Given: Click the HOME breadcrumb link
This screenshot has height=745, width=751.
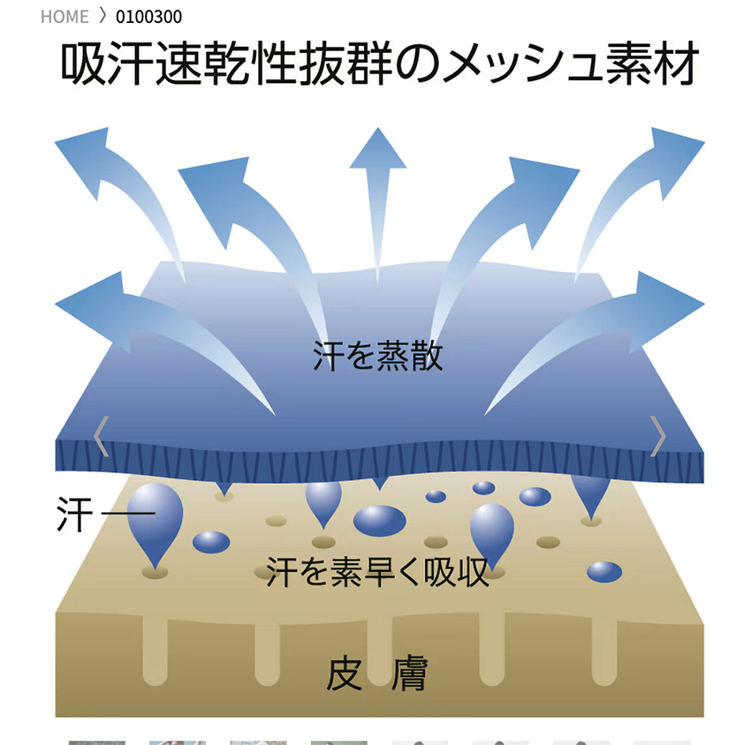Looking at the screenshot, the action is pyautogui.click(x=64, y=17).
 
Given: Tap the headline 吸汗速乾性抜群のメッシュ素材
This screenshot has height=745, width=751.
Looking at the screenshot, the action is pyautogui.click(x=380, y=64).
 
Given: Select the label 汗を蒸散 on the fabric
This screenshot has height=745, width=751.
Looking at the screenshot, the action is pyautogui.click(x=377, y=357).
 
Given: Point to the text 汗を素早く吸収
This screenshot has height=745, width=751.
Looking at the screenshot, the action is pyautogui.click(x=377, y=572).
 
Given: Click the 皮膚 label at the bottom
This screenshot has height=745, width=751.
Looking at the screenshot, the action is pyautogui.click(x=377, y=674).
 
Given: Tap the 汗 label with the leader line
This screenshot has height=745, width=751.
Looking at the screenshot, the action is pyautogui.click(x=74, y=515).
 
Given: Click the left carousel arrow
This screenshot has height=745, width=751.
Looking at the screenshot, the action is pyautogui.click(x=101, y=436).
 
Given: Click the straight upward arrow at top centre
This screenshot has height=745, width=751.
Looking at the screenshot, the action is pyautogui.click(x=378, y=150).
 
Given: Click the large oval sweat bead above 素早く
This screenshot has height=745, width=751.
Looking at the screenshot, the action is pyautogui.click(x=380, y=520).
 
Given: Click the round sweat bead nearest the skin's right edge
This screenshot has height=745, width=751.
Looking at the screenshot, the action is pyautogui.click(x=604, y=572).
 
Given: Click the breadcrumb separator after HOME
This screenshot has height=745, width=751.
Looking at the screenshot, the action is pyautogui.click(x=102, y=17).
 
